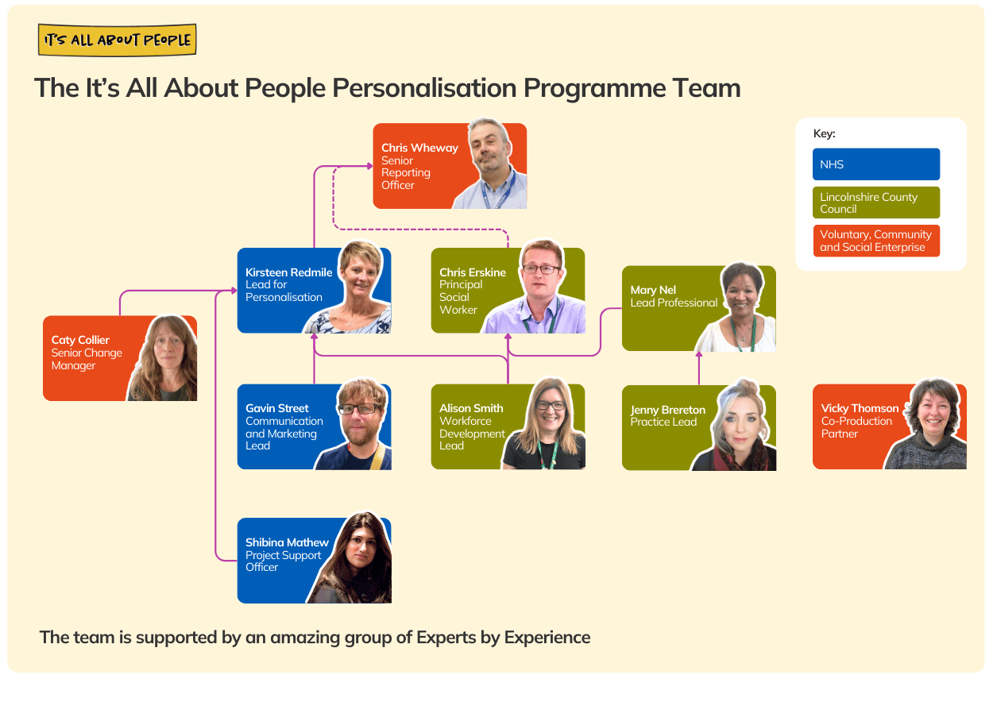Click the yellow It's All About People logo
coord(117,40)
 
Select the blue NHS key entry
coord(875,164)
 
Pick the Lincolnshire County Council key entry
coord(875,202)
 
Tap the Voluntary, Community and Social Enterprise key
coord(875,241)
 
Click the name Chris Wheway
coord(419,148)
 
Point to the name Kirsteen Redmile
coord(288,272)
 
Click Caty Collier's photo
coord(163,359)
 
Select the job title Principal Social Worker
coord(461,297)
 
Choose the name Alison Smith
coord(471,408)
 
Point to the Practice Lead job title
coord(663,422)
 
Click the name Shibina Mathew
coord(287,542)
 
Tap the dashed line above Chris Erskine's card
coord(421,229)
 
